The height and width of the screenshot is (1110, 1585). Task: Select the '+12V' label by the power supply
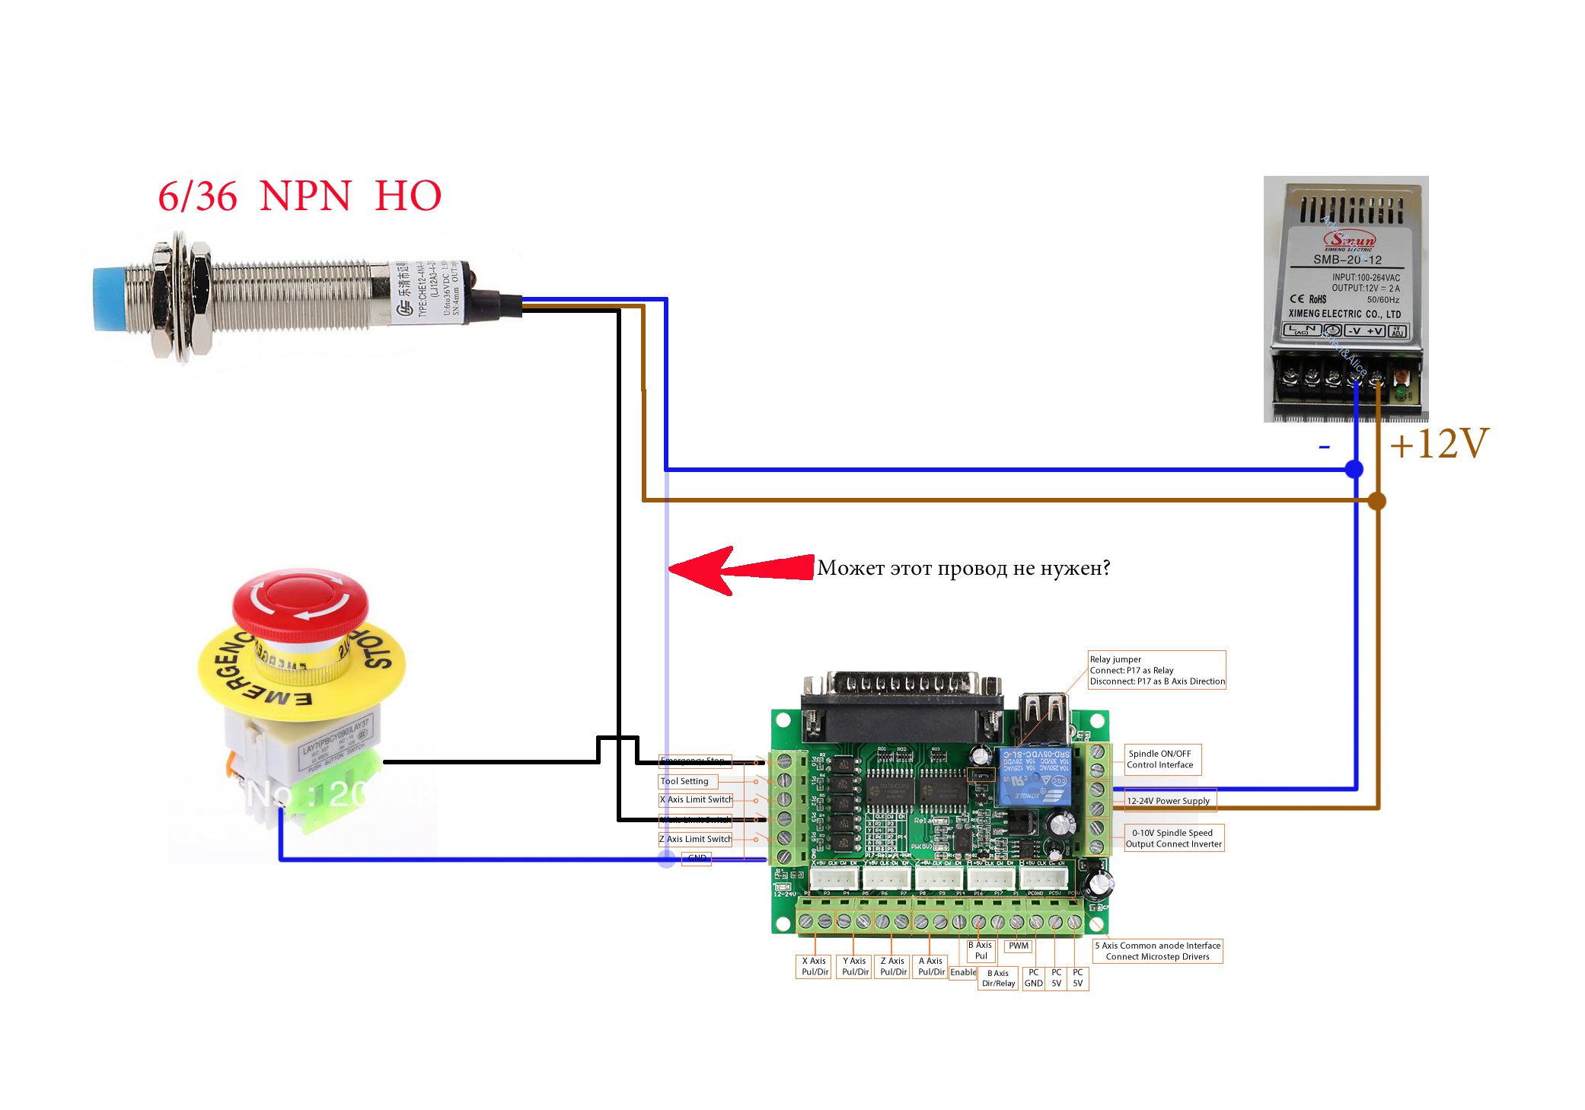click(1438, 444)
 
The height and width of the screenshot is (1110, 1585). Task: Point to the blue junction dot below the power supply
click(1354, 469)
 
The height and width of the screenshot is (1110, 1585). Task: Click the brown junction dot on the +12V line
click(1376, 501)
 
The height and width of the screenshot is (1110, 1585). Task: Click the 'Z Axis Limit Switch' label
click(695, 839)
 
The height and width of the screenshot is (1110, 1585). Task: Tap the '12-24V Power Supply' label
click(1169, 801)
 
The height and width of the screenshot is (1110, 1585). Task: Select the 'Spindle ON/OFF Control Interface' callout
click(1162, 759)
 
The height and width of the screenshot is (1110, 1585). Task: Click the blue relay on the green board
click(1034, 777)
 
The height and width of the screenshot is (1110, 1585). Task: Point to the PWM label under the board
click(1019, 946)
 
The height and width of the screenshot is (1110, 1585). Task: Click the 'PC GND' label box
click(1033, 978)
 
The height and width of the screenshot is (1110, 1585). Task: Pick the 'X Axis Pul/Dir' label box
click(815, 967)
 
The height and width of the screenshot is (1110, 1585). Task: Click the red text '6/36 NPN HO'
click(299, 196)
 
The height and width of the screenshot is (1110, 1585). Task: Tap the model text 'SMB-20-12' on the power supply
click(1347, 260)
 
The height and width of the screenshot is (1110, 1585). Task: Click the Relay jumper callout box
click(1157, 670)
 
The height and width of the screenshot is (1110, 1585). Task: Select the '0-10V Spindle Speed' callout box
click(1174, 838)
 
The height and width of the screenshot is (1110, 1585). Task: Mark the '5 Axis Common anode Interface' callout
click(1157, 951)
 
